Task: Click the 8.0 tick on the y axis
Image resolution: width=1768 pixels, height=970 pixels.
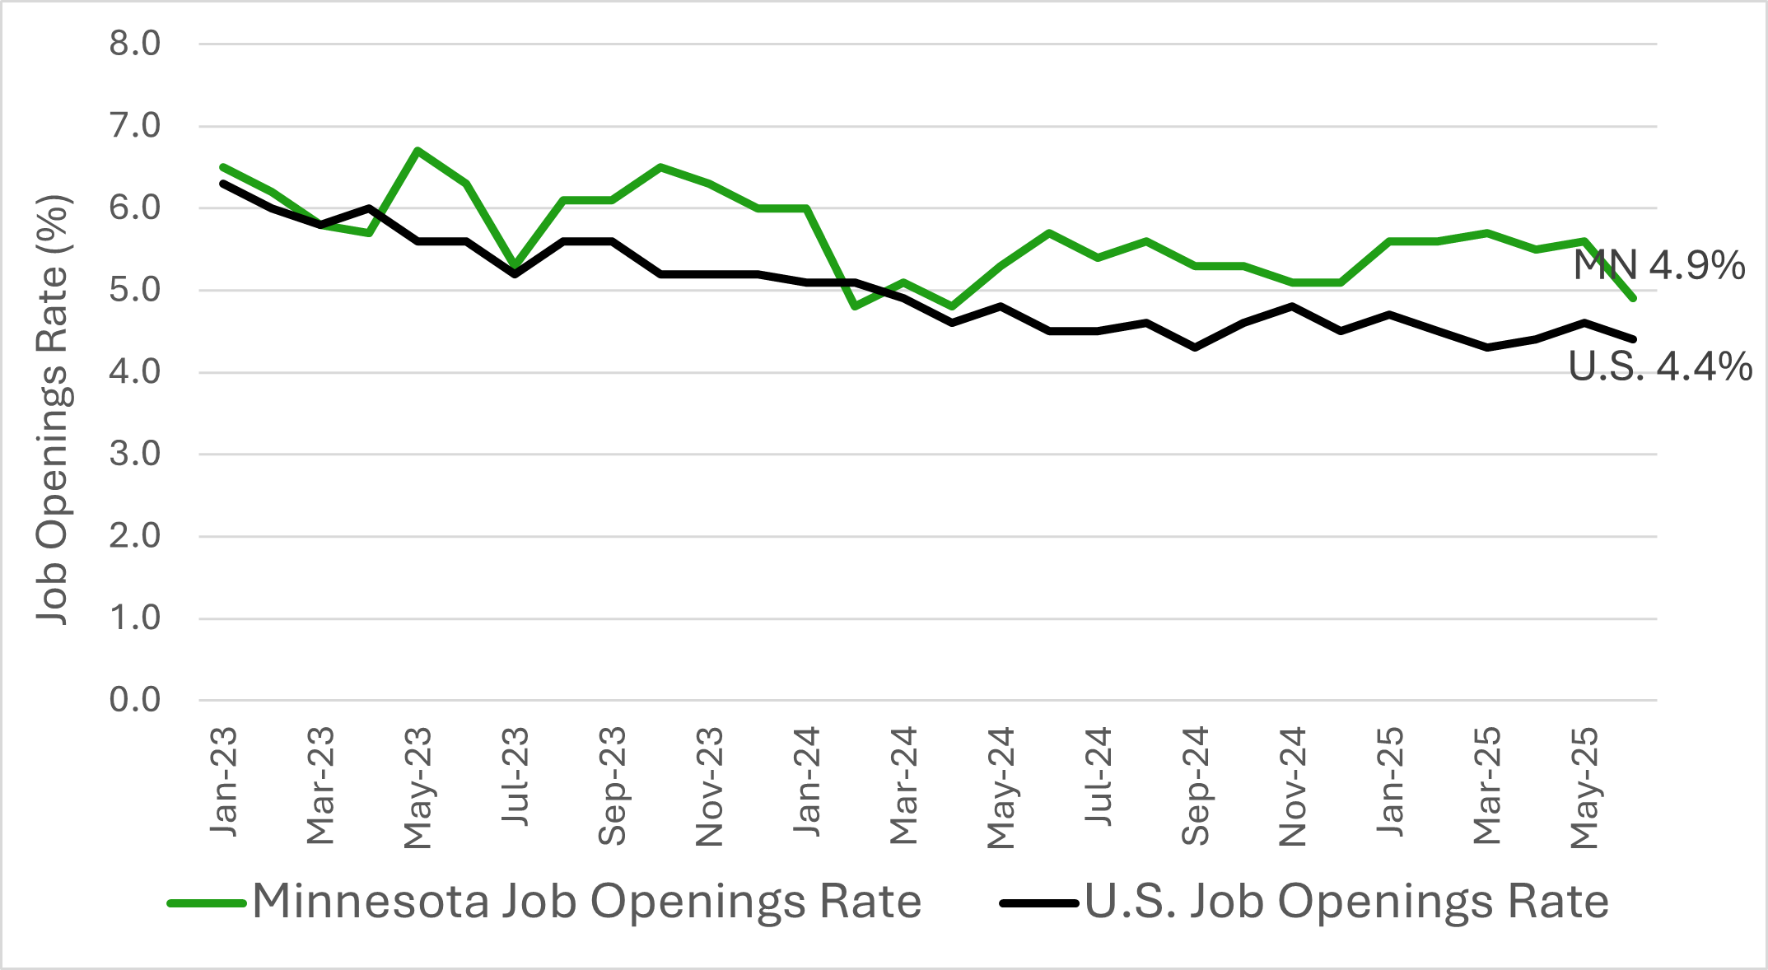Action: click(x=135, y=44)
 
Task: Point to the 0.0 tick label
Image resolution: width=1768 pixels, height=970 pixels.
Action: click(x=135, y=700)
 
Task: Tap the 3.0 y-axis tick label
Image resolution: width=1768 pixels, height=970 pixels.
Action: click(x=135, y=454)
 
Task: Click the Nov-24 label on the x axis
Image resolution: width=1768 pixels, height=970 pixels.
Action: click(x=1293, y=786)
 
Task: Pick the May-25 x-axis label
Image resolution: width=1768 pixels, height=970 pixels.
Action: click(x=1584, y=787)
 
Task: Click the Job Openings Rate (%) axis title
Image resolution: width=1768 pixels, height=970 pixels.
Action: click(x=53, y=409)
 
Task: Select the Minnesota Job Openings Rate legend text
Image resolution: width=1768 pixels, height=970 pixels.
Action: click(x=586, y=902)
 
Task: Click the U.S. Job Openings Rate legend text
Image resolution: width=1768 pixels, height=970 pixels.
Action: click(x=1346, y=902)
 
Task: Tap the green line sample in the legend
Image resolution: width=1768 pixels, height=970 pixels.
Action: click(x=207, y=903)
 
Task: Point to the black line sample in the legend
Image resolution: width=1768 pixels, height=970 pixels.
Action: click(x=1038, y=903)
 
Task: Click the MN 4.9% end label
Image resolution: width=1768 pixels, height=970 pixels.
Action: click(x=1658, y=265)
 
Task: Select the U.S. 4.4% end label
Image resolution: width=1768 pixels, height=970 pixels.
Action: click(x=1660, y=366)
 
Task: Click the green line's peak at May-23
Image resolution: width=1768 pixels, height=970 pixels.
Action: click(x=418, y=151)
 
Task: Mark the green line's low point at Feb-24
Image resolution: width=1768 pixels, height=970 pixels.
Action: click(x=856, y=306)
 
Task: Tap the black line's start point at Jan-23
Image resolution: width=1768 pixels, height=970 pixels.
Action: click(x=224, y=184)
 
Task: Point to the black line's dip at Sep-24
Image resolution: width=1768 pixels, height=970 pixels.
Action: click(x=1196, y=347)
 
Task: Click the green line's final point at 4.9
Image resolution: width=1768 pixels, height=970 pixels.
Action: click(x=1633, y=298)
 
